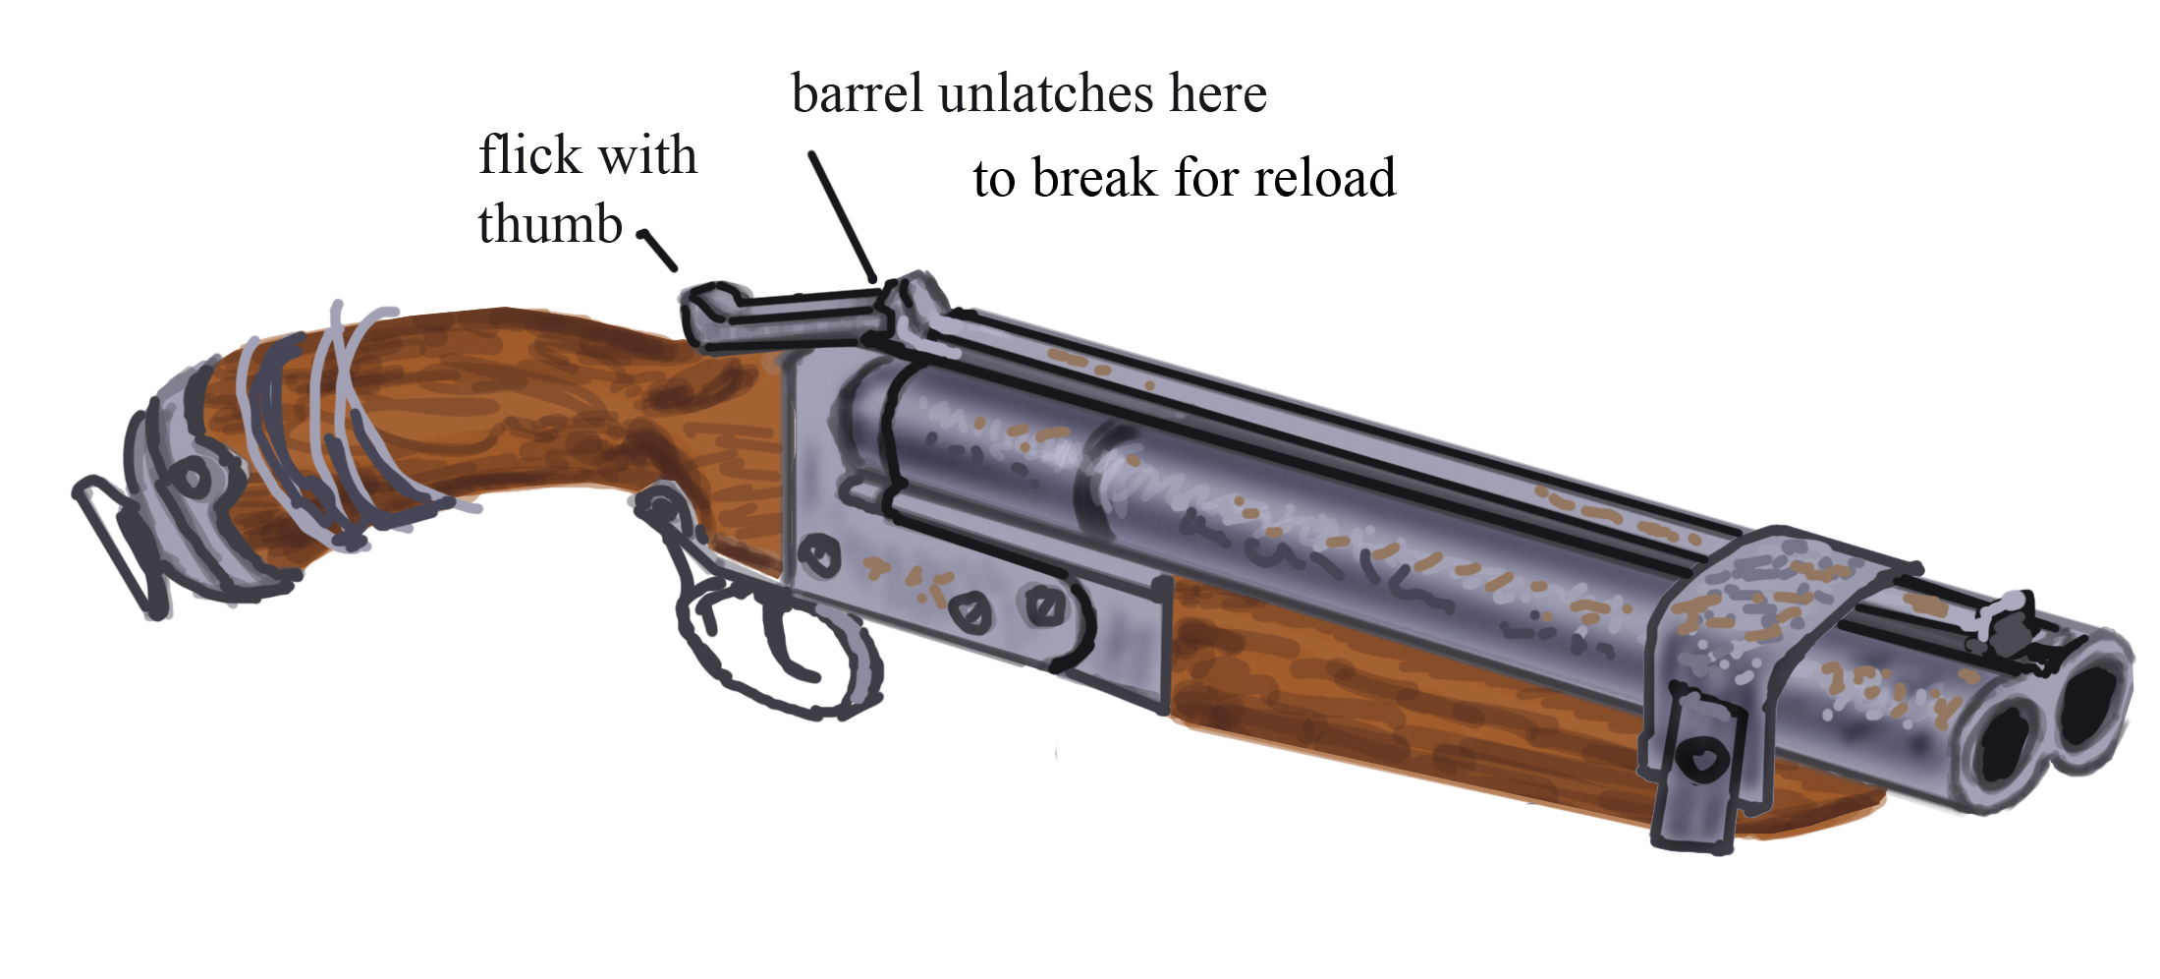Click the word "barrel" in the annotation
(x=857, y=95)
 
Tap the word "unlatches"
(x=1045, y=95)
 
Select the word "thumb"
(x=550, y=225)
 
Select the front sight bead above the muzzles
(x=2014, y=614)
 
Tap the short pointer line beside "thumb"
(x=658, y=250)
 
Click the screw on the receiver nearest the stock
(x=817, y=556)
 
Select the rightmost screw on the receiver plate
(x=1043, y=605)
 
